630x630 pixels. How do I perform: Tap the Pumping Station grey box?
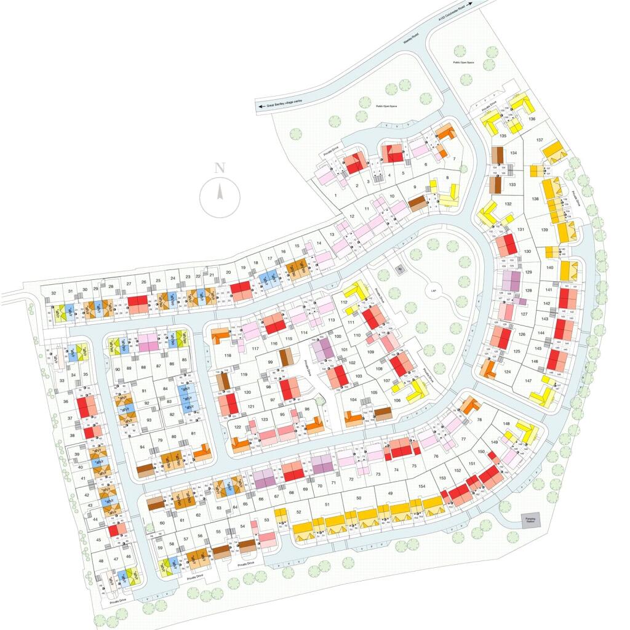click(530, 520)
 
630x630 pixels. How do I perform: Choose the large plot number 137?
click(540, 140)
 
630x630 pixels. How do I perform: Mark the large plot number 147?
click(528, 381)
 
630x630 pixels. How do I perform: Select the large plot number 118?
click(228, 356)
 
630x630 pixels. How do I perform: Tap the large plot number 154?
click(421, 487)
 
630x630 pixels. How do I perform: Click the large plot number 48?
click(102, 560)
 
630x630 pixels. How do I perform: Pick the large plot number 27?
click(129, 284)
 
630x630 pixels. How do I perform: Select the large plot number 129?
click(528, 273)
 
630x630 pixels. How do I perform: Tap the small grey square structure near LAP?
click(399, 269)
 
